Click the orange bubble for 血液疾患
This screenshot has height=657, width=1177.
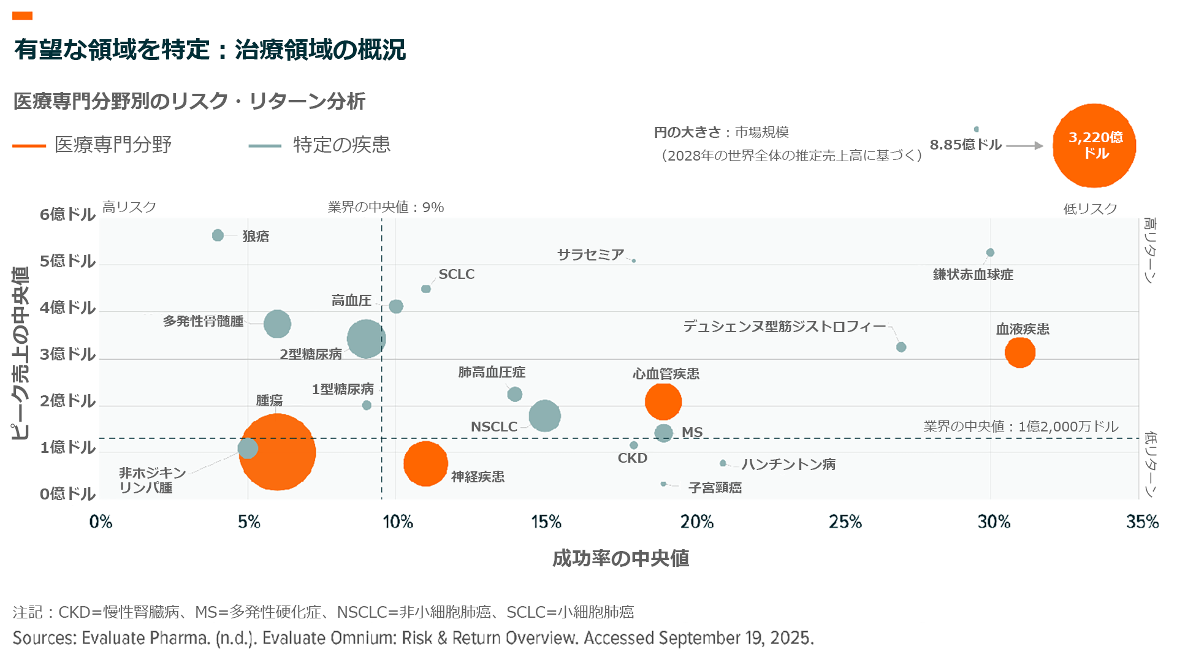pos(1019,352)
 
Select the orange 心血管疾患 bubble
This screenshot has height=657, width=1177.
pos(663,401)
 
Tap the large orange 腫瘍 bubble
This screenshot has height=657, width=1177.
pos(277,452)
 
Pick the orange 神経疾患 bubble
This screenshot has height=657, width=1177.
pos(425,464)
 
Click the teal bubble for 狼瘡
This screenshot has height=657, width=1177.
pos(218,235)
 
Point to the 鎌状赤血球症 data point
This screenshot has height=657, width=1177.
pos(990,253)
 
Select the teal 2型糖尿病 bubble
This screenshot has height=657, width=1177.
pos(366,338)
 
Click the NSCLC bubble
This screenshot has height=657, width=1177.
pos(544,416)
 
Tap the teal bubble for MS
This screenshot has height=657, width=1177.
pos(663,433)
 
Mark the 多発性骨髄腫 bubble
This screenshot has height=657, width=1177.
pos(277,324)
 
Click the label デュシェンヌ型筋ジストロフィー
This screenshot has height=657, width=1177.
pos(785,327)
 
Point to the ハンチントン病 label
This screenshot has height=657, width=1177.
pos(788,465)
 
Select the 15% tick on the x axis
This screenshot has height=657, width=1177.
pos(546,522)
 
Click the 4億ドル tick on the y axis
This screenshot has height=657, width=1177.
pos(67,308)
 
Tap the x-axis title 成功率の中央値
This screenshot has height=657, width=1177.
pos(620,558)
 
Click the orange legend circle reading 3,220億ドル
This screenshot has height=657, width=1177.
pos(1094,146)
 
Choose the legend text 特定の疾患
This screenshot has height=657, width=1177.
pos(341,145)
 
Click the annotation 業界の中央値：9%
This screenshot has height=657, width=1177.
pos(386,207)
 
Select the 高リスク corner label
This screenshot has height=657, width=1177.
pos(129,207)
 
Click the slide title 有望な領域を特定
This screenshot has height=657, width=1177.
pos(112,50)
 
